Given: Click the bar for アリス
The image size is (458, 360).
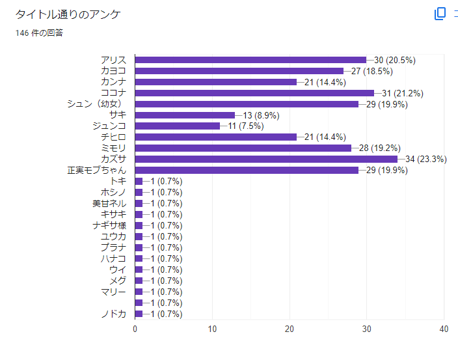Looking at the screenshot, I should pos(250,60).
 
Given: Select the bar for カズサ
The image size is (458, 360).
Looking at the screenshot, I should pos(265,159).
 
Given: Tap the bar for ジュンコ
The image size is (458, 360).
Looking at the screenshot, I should pos(177,126).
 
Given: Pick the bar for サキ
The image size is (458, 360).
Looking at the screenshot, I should pos(185,115).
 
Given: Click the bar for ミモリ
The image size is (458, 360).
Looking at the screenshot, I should pos(243,148).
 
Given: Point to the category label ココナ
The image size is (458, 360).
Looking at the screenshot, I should pos(113,93).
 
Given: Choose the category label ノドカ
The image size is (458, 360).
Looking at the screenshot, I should pos(113,314).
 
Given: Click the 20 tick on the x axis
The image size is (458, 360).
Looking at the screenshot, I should pos(290,329).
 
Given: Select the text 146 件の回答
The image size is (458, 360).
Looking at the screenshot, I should pos(40,33).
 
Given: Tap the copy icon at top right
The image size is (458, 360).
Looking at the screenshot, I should pos(440,14).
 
